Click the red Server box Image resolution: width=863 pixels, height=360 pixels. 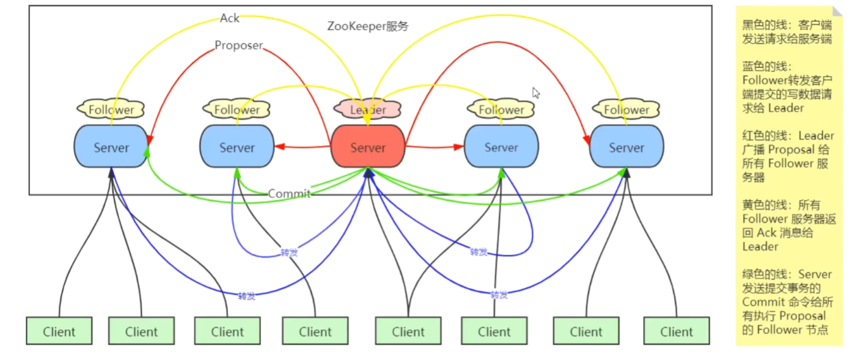(x=368, y=147)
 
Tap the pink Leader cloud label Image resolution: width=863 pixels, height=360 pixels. (x=368, y=110)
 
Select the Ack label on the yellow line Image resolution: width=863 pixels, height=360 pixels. (x=230, y=18)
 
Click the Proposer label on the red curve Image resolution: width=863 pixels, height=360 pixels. (x=238, y=45)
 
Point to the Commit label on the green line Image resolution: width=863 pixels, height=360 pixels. (x=289, y=194)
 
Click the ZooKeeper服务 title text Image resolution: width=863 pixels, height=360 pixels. (x=367, y=26)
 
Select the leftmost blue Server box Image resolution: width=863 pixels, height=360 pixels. (x=111, y=147)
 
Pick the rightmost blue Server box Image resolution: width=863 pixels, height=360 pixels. (x=626, y=147)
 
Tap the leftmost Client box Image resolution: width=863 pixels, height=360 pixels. (x=59, y=331)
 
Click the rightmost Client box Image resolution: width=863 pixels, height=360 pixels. (x=676, y=331)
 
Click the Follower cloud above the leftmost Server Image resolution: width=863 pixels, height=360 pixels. (x=111, y=110)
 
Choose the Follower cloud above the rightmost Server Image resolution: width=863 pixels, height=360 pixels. (x=626, y=110)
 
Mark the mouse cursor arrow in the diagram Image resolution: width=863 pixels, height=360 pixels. (x=536, y=93)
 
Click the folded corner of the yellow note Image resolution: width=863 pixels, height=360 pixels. (x=837, y=11)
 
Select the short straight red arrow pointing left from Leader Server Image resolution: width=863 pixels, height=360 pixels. (x=303, y=147)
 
